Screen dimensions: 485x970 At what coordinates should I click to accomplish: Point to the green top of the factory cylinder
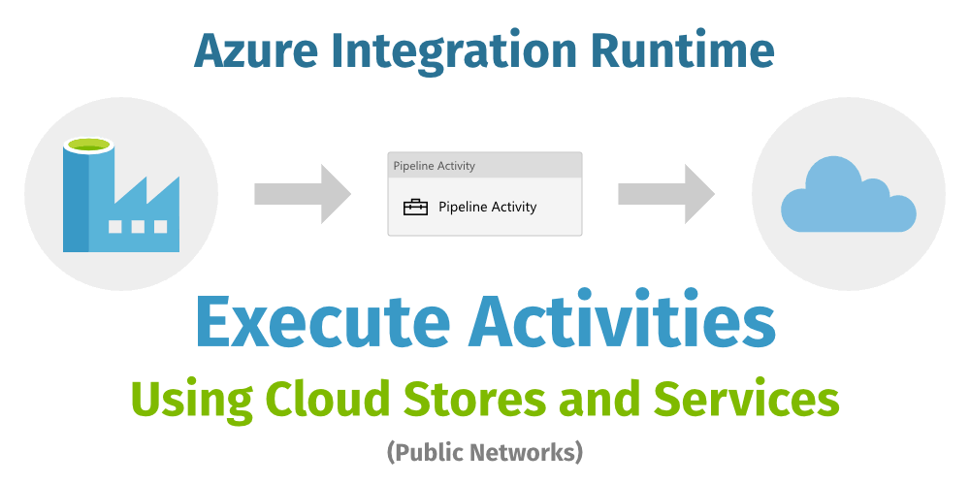(89, 145)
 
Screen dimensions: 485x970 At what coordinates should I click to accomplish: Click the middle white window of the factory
(137, 227)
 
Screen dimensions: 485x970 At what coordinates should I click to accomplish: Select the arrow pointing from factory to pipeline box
(302, 194)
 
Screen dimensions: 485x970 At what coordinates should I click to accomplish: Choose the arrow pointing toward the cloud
(665, 194)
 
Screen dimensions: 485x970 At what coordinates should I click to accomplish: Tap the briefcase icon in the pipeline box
(415, 207)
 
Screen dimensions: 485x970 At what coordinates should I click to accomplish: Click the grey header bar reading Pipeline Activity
(484, 166)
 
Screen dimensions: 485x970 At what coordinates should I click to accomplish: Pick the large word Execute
(323, 320)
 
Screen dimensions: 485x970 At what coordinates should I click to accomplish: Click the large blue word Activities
(623, 320)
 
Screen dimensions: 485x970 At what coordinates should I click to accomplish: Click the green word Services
(747, 397)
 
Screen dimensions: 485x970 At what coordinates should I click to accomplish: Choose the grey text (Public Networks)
(484, 451)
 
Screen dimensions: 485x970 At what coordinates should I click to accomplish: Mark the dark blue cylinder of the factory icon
(76, 199)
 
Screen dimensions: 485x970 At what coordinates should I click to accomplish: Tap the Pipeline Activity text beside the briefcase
(487, 207)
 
